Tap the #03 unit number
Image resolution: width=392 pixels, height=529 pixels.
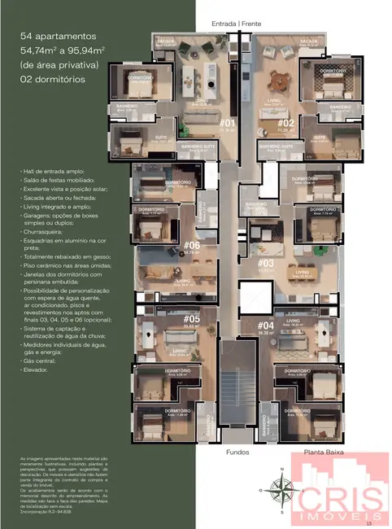click(x=265, y=263)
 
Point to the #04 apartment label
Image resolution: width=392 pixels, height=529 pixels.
click(x=264, y=326)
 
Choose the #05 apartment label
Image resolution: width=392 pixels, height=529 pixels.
click(x=193, y=320)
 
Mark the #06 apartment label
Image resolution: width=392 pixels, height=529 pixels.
click(x=192, y=245)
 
